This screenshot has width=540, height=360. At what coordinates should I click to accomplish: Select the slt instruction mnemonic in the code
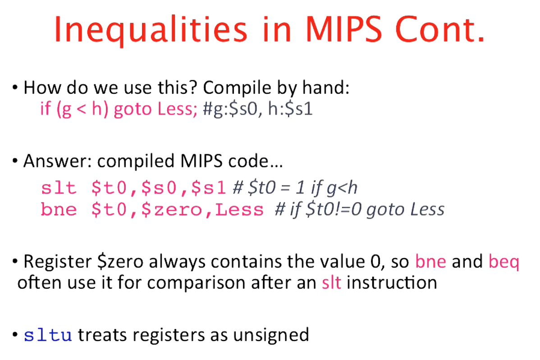[x=59, y=188]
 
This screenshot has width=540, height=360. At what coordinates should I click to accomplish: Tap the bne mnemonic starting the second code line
[x=59, y=210]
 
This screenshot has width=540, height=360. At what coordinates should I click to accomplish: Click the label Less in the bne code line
[x=239, y=210]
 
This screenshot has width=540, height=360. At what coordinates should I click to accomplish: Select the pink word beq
[x=503, y=262]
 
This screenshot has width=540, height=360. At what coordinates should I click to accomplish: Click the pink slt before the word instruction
[x=331, y=283]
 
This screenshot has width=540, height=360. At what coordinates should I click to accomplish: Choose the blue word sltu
[x=48, y=335]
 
